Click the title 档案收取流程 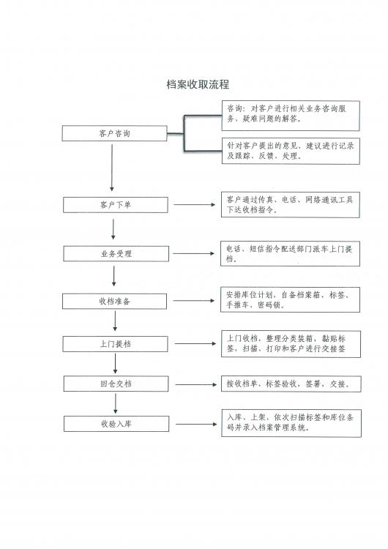pos(198,84)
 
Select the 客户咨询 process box pos(114,133)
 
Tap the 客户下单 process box pos(116,205)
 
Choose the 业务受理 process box pos(116,254)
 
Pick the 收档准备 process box pos(114,301)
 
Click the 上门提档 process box pos(115,344)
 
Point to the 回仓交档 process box pos(116,384)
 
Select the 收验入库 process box pos(116,424)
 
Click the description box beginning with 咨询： pos(291,116)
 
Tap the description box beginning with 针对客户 pos(291,151)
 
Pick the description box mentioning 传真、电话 pos(291,205)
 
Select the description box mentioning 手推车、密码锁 pos(290,299)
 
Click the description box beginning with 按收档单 pos(291,384)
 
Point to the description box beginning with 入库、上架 pos(291,423)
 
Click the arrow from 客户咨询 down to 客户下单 pos(112,168)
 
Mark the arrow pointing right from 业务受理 pos(194,253)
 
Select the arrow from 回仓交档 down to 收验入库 pos(116,403)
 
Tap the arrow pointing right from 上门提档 pos(195,344)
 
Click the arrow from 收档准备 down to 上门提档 pos(115,321)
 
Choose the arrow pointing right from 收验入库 pos(196,425)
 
